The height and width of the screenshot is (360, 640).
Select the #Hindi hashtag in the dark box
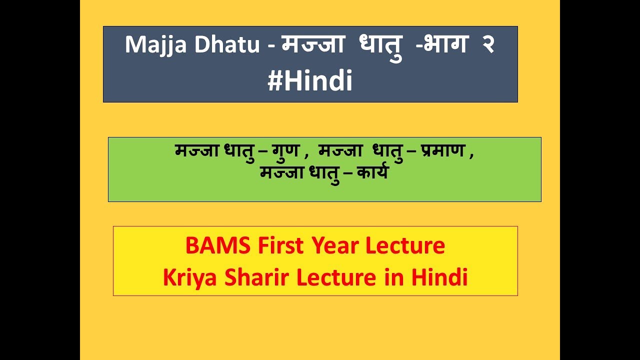click(310, 81)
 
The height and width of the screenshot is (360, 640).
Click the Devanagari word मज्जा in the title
click(313, 45)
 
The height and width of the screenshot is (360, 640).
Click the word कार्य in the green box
click(372, 174)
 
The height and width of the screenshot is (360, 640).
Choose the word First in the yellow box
click(280, 246)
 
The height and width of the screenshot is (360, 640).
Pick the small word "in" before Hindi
click(393, 278)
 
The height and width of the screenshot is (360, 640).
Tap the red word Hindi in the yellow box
click(439, 278)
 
